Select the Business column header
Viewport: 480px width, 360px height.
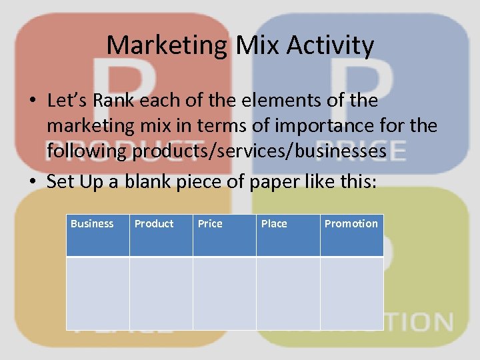92,224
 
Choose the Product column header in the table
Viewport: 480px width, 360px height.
154,224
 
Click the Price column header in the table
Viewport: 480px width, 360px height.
210,224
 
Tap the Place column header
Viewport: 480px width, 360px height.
274,224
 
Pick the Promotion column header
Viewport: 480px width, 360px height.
351,224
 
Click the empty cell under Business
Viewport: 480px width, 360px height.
97,293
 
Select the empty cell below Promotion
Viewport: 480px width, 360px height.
351,293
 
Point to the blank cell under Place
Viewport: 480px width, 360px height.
288,293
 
